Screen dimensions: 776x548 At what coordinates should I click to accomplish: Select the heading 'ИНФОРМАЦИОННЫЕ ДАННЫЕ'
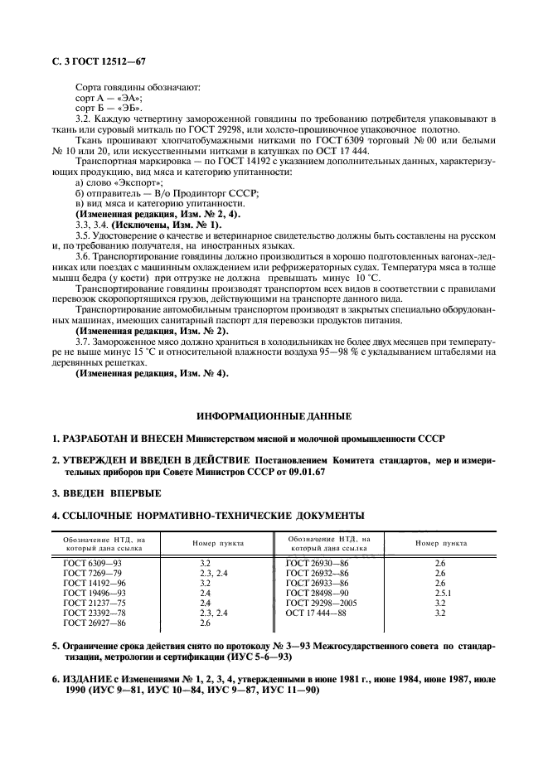(274, 415)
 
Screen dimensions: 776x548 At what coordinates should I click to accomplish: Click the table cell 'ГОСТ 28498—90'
(318, 593)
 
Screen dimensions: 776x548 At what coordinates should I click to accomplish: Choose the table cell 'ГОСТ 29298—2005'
(322, 603)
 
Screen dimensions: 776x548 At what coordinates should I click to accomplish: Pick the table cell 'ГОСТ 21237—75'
(94, 603)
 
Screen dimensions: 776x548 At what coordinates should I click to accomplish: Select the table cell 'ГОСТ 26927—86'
(94, 623)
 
